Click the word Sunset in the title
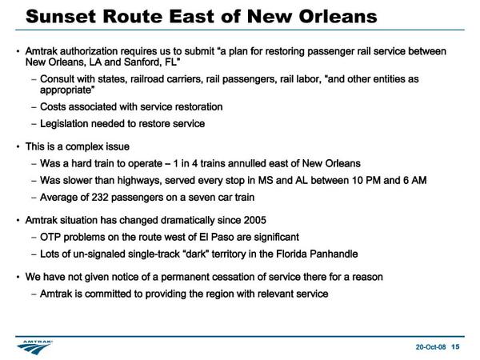pyautogui.click(x=61, y=17)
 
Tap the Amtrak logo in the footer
pyautogui.click(x=34, y=347)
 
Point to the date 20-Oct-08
pyautogui.click(x=430, y=347)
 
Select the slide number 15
pyautogui.click(x=455, y=346)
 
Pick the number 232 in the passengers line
pyautogui.click(x=100, y=197)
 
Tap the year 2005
pyautogui.click(x=255, y=220)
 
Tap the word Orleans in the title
pyautogui.click(x=338, y=17)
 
